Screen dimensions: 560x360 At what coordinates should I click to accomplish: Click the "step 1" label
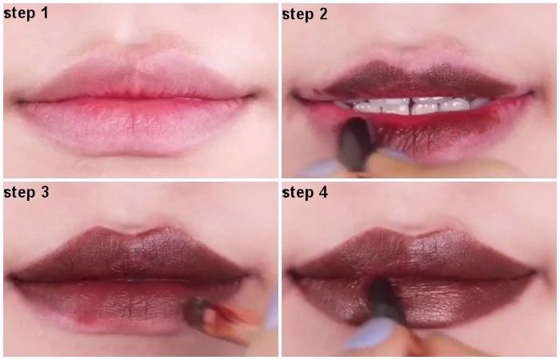(26, 14)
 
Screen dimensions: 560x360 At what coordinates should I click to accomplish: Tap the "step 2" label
(305, 14)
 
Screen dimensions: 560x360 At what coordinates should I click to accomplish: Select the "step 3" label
(26, 193)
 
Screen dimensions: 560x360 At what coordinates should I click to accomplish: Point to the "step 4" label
(305, 193)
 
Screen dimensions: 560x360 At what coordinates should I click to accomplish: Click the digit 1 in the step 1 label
(43, 14)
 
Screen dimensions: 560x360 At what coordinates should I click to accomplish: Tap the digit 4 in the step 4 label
(323, 192)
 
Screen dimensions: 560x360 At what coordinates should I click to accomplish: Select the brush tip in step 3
(196, 310)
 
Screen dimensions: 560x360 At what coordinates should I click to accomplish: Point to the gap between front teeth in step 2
(411, 106)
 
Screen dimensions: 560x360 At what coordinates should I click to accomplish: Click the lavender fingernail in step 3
(272, 310)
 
